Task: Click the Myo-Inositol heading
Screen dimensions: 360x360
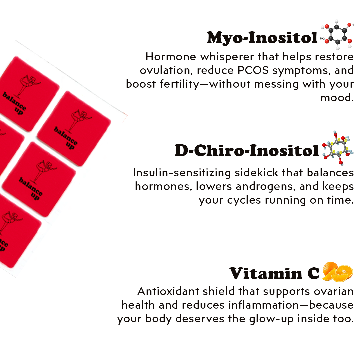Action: pos(262,38)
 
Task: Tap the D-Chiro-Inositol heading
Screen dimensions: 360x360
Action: pos(247,151)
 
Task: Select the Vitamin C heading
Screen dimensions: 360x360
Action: pos(274,274)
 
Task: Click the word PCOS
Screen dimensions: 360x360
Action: pos(253,70)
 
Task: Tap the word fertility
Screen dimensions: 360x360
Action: pos(180,84)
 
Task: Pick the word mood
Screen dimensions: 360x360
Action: pos(337,98)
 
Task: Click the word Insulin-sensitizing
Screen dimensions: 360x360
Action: pos(182,173)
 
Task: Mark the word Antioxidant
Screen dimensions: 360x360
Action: pos(168,291)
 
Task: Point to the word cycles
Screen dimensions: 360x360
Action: pos(244,200)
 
